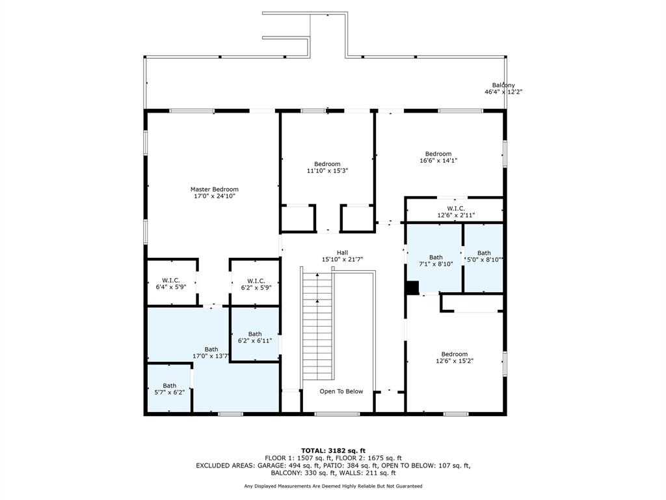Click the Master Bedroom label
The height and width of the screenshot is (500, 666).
click(x=214, y=189)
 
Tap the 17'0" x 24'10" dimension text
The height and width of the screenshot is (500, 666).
click(x=214, y=196)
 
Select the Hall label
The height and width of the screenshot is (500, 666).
click(x=342, y=253)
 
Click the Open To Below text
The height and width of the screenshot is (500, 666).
click(x=341, y=391)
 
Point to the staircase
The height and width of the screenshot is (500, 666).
click(x=317, y=326)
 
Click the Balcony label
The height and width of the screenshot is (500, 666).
click(x=503, y=85)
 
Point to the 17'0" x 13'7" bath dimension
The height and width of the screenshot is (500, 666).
click(x=211, y=356)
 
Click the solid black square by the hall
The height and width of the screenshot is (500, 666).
click(x=412, y=287)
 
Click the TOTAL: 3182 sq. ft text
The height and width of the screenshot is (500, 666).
click(x=333, y=451)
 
